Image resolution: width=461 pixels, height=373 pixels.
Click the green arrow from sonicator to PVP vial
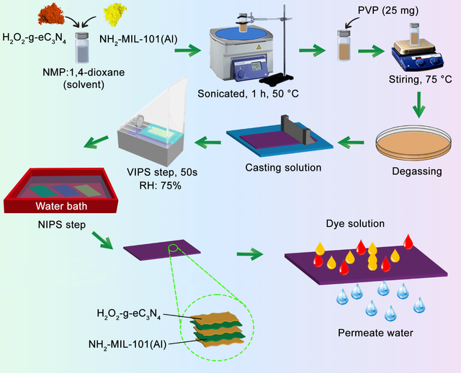point(313,51)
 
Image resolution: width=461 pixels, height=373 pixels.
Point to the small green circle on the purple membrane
point(174,249)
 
